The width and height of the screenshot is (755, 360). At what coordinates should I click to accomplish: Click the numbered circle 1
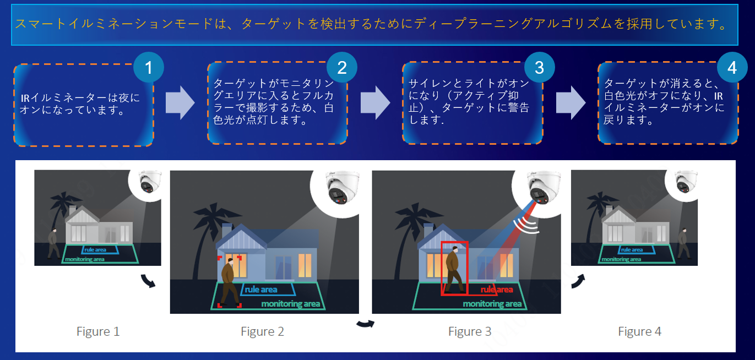coord(149,68)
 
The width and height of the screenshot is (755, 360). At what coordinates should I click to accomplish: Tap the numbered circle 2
coord(342,68)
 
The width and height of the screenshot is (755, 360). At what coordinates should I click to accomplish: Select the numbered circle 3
coord(539,67)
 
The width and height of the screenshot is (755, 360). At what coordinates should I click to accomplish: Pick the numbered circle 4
coord(732,68)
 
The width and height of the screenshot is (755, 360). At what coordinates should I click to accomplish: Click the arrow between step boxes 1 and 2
coord(180,102)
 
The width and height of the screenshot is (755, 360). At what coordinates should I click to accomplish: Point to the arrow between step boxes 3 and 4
coord(571,102)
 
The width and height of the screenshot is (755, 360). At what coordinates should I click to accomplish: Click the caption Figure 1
coord(97,331)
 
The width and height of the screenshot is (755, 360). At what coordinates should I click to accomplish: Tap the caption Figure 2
coord(262,331)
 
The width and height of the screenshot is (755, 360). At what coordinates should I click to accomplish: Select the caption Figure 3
coord(469,331)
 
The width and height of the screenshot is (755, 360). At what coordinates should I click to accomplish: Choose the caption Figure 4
coord(639,331)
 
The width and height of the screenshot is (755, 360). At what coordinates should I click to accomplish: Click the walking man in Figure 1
coord(53,243)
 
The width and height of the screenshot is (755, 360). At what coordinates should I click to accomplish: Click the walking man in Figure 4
coord(683,243)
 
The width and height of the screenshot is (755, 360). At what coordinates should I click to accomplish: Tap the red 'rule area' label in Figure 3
coord(496,290)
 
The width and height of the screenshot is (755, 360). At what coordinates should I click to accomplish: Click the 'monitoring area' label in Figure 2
coord(290,304)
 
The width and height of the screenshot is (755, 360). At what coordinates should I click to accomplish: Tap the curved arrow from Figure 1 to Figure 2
coord(148,281)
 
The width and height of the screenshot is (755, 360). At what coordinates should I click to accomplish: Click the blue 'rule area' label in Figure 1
coord(95,250)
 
